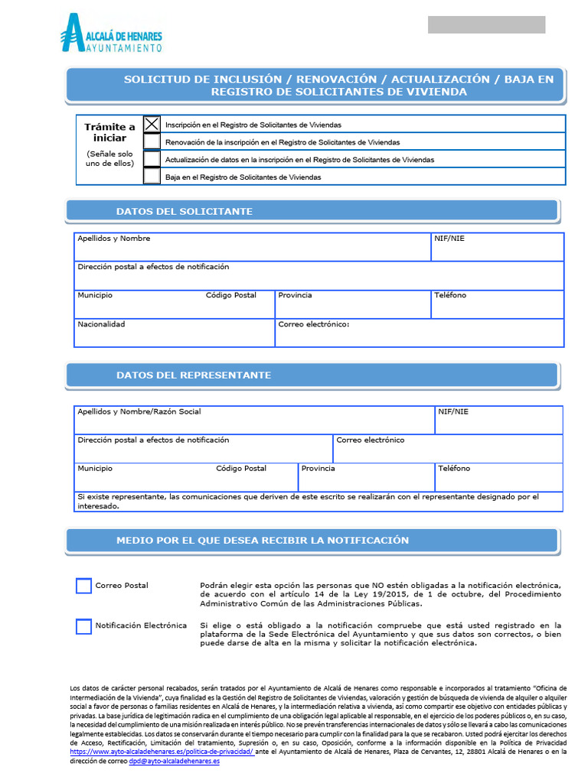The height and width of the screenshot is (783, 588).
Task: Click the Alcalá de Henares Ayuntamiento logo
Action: [111, 34]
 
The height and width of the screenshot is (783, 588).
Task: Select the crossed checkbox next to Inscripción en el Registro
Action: [152, 124]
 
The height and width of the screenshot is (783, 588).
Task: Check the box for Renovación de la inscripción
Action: [152, 141]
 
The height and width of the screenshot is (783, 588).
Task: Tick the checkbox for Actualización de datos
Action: [152, 159]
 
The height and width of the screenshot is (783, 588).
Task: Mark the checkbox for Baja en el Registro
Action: [152, 177]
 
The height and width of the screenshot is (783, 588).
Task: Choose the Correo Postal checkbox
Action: [83, 586]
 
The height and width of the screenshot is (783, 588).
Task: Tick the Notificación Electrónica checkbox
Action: [83, 626]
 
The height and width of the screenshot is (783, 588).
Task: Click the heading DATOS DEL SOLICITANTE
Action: [184, 211]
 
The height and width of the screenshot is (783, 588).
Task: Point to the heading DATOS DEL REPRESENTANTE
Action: [193, 375]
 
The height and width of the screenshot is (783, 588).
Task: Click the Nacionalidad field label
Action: [101, 324]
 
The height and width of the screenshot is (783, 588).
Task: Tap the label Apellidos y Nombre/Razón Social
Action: [139, 411]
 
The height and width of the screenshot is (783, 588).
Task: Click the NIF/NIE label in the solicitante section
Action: [449, 239]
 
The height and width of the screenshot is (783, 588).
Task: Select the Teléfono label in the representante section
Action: [454, 468]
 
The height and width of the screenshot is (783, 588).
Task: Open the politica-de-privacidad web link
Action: [162, 752]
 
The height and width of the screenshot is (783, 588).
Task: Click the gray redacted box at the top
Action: [486, 24]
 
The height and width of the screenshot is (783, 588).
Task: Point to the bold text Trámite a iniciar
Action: [109, 132]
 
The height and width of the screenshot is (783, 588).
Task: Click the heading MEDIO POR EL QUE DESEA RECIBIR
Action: [262, 541]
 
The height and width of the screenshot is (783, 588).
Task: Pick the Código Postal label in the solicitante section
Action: [231, 295]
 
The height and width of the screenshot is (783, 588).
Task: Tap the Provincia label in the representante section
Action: [318, 468]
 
